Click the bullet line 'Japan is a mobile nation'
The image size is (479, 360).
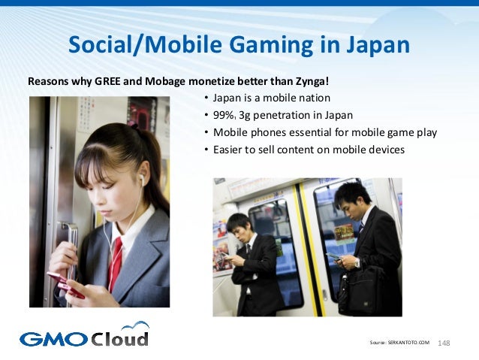(271, 98)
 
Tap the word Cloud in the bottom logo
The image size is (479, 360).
(120, 337)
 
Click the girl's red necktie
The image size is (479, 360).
(115, 263)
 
